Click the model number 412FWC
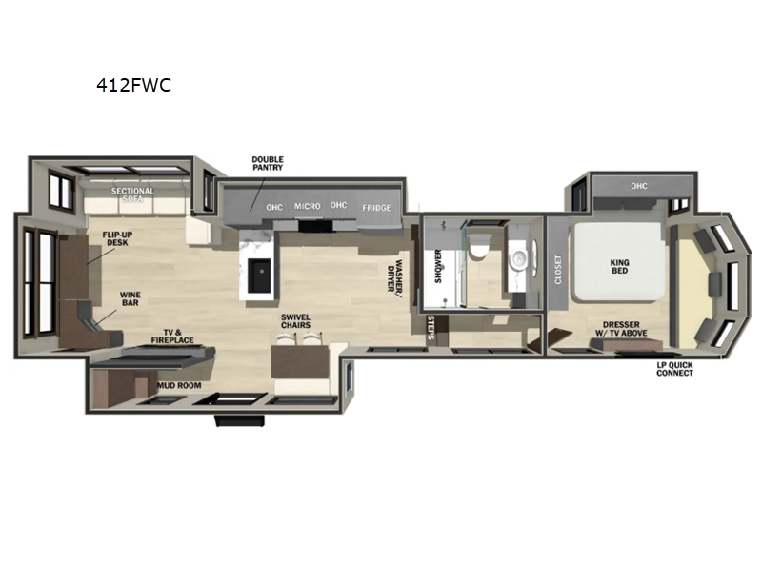pyautogui.click(x=133, y=83)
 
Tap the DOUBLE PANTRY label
pyautogui.click(x=268, y=164)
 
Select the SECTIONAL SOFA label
pyautogui.click(x=132, y=195)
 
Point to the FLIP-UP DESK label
pyautogui.click(x=117, y=238)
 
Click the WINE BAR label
pyautogui.click(x=131, y=300)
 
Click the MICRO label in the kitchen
pyautogui.click(x=307, y=207)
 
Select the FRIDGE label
pyautogui.click(x=376, y=207)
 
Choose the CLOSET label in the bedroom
pyautogui.click(x=557, y=270)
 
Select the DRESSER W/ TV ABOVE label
pyautogui.click(x=614, y=329)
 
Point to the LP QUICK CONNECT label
pyautogui.click(x=674, y=368)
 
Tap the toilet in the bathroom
pyautogui.click(x=479, y=246)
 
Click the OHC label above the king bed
pyautogui.click(x=638, y=186)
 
